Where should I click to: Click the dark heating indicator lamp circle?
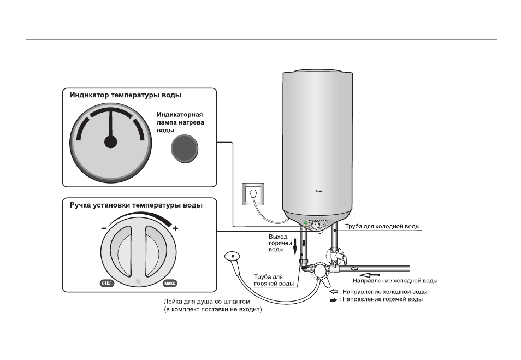185,149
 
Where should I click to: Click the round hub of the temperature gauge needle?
111,142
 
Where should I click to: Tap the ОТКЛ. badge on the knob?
107,283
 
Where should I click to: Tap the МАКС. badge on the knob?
170,283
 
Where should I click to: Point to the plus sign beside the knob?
175,228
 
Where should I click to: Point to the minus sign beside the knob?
104,228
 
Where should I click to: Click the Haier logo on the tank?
318,191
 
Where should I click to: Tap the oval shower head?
232,256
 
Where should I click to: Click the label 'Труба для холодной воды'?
382,226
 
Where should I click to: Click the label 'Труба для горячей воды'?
274,280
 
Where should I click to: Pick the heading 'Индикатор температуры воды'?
126,95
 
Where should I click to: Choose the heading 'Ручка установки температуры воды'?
136,205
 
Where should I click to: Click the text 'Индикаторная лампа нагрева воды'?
180,122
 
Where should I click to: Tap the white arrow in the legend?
334,292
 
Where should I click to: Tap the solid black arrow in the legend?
334,300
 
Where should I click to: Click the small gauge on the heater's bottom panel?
316,225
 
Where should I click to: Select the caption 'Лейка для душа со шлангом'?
207,302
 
